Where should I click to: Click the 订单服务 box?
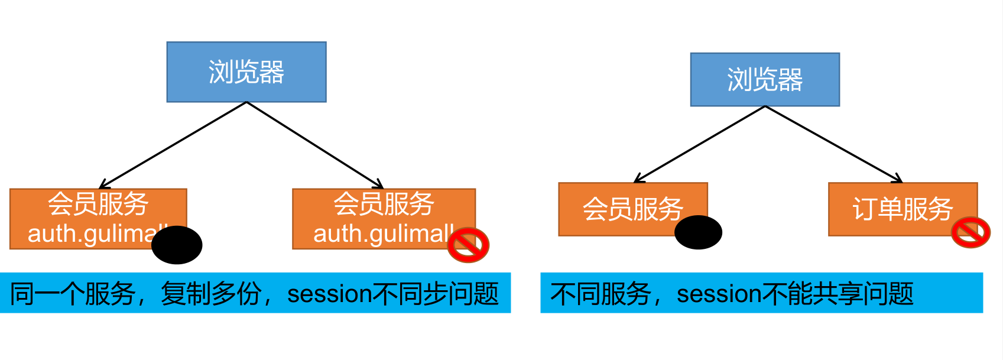point(903,209)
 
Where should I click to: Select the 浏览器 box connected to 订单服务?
point(765,79)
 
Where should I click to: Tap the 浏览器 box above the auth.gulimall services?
point(246,72)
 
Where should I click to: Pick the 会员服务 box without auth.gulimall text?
point(632,209)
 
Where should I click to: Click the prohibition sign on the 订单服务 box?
point(970,232)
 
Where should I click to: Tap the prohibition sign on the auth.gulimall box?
point(468,244)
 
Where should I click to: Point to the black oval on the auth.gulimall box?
point(177,245)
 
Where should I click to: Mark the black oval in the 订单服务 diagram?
point(698,232)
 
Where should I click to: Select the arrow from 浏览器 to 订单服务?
point(833,144)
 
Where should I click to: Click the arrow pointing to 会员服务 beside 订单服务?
point(699,144)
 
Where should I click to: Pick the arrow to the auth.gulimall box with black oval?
point(173,145)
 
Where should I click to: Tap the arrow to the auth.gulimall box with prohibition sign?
point(315,145)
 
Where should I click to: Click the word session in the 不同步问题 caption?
point(329,294)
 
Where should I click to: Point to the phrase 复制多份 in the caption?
point(211,294)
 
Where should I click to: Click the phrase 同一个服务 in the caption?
point(73,294)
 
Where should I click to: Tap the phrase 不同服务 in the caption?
point(600,294)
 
